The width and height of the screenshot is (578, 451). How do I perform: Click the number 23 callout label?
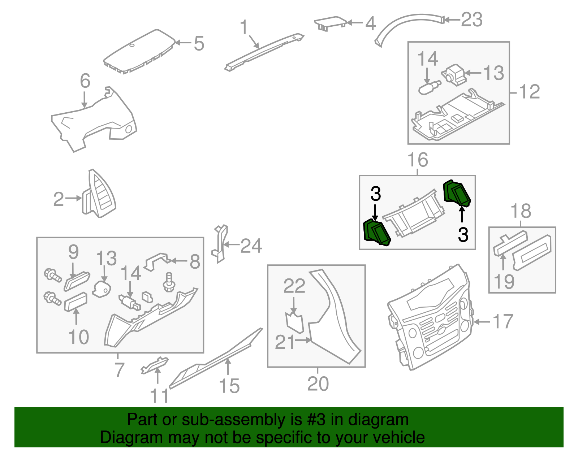471,19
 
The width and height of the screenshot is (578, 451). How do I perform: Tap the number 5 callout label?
199,44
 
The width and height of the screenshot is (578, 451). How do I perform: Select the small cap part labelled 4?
330,23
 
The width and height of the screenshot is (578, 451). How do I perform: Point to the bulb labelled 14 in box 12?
430,88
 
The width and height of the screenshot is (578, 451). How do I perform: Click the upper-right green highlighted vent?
457,193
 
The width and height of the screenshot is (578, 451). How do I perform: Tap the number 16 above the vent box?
418,160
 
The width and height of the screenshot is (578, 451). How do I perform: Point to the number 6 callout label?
85,81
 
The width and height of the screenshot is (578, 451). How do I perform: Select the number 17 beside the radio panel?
503,321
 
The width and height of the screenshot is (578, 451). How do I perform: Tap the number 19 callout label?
504,282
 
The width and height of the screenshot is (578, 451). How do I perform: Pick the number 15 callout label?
229,386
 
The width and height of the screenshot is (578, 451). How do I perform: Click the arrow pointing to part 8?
179,261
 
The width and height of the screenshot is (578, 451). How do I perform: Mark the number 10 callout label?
78,337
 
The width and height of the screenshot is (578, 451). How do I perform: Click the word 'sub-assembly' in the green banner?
242,420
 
